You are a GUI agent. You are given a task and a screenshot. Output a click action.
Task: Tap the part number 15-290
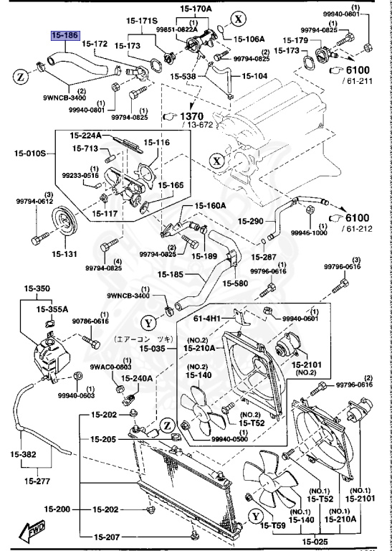(252, 221)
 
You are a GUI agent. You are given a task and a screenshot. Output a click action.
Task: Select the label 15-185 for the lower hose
(173, 274)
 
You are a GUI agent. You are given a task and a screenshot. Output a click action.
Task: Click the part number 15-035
(153, 349)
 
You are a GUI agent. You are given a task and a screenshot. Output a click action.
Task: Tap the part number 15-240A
(136, 377)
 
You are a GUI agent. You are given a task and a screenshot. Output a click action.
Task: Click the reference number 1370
(192, 116)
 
